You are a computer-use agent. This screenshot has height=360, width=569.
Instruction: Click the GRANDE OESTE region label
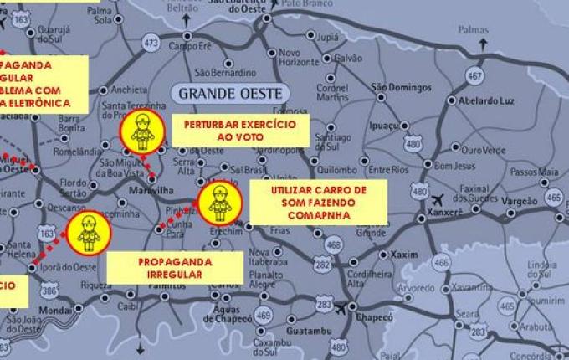[228, 91]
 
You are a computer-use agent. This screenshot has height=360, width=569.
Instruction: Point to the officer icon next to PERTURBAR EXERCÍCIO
[141, 131]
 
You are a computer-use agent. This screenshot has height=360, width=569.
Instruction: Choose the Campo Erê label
[191, 46]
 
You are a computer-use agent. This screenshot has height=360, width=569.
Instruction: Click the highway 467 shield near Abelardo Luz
[475, 76]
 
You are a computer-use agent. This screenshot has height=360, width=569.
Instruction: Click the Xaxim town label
[403, 254]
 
